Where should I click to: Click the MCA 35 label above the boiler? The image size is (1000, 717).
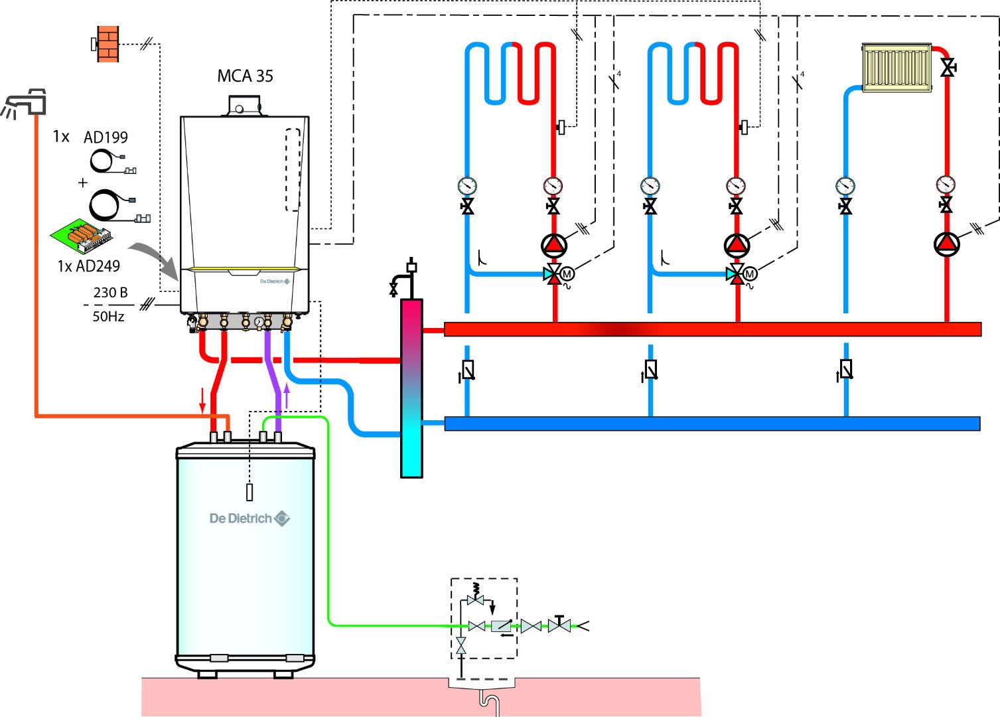pos(245,76)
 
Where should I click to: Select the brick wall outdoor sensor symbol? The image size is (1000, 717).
pos(107,44)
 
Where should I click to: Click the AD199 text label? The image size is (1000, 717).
pos(106,137)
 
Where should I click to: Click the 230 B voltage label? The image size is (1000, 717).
pos(110,292)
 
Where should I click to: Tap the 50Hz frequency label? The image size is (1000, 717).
pos(108,316)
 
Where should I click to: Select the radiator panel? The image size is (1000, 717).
pos(896,67)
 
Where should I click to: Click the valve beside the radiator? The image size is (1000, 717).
pos(949,67)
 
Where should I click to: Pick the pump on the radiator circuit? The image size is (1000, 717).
pos(946,244)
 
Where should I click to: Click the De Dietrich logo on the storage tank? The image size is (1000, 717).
pos(250,518)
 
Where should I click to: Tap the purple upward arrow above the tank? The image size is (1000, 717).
pos(287,396)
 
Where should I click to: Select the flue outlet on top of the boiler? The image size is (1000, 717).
pos(244,106)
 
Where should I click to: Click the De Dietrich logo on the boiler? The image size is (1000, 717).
pos(275,281)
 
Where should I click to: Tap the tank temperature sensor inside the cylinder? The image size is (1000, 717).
pos(250,493)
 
